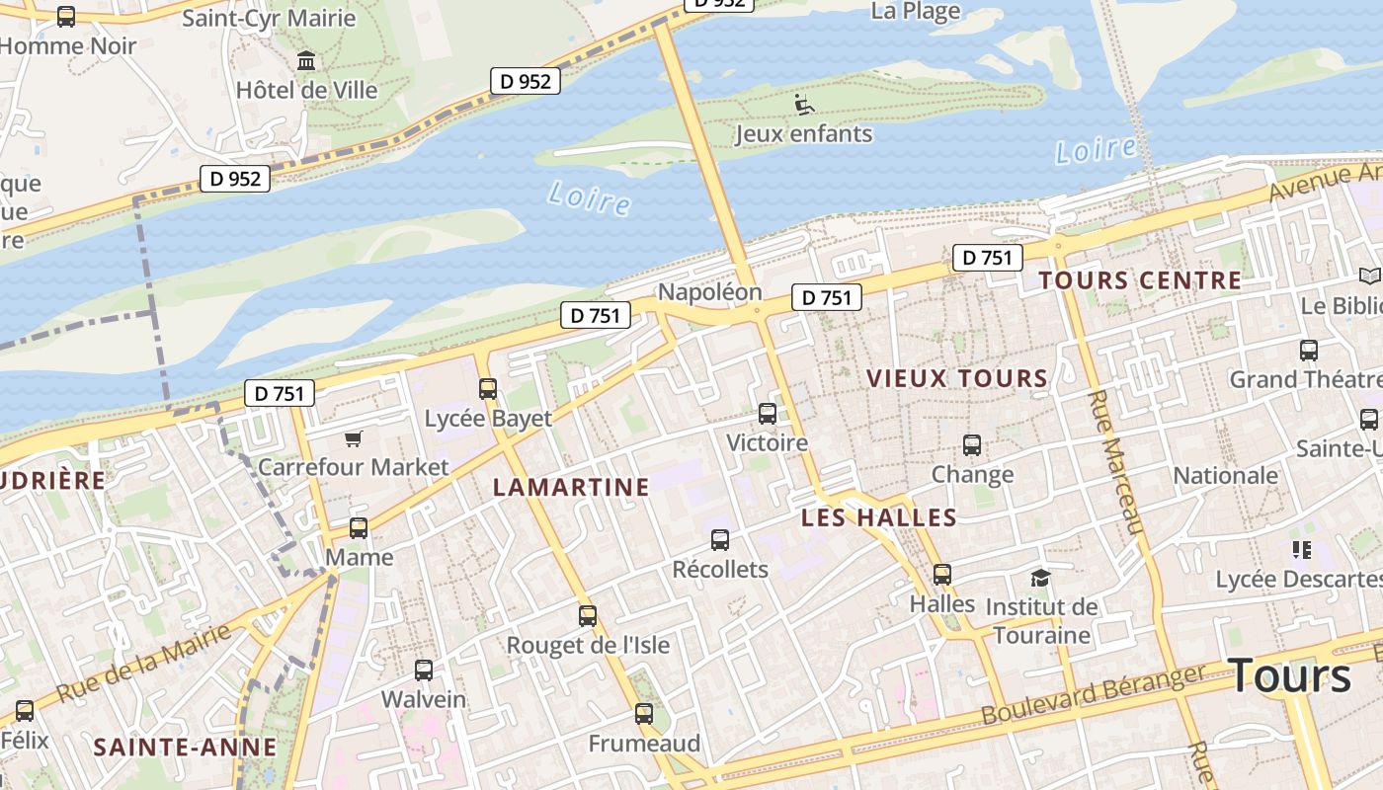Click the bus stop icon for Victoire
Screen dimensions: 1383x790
(768, 414)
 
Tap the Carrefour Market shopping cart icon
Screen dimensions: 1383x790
(353, 438)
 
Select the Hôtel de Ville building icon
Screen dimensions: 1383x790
(306, 61)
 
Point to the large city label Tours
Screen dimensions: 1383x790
(1290, 676)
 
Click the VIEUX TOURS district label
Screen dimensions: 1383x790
(956, 378)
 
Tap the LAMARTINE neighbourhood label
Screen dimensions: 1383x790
(571, 487)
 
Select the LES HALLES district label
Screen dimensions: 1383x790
(878, 517)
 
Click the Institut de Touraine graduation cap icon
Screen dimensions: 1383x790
(1039, 578)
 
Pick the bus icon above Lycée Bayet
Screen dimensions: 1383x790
(488, 388)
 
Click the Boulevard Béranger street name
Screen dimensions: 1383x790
(1094, 694)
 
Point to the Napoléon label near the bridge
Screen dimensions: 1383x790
(709, 292)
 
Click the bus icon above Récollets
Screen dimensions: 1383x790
(720, 540)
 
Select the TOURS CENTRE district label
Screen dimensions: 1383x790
(1139, 280)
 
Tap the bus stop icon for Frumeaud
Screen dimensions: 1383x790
(644, 713)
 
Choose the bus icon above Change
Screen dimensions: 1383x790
(972, 445)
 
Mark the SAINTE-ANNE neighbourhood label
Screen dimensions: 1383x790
(185, 748)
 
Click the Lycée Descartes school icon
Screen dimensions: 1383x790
(1301, 549)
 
